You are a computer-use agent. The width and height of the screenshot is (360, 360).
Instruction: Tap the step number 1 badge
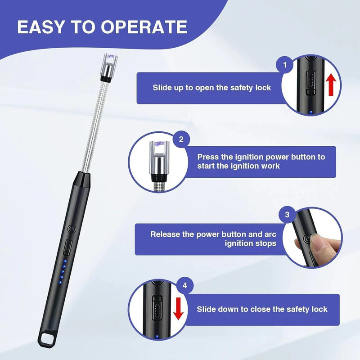pos(284,65)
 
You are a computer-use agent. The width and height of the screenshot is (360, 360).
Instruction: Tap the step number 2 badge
pos(181,139)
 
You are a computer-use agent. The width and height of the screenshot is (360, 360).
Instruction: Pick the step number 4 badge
pos(185,285)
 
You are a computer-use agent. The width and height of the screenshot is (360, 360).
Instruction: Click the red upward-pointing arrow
pos(331,84)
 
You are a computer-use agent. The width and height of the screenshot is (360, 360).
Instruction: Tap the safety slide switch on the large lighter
pos(68,247)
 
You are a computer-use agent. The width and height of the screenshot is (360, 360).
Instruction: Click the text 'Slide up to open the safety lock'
pos(211,88)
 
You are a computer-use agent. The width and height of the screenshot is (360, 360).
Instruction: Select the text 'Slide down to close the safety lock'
pos(262,309)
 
